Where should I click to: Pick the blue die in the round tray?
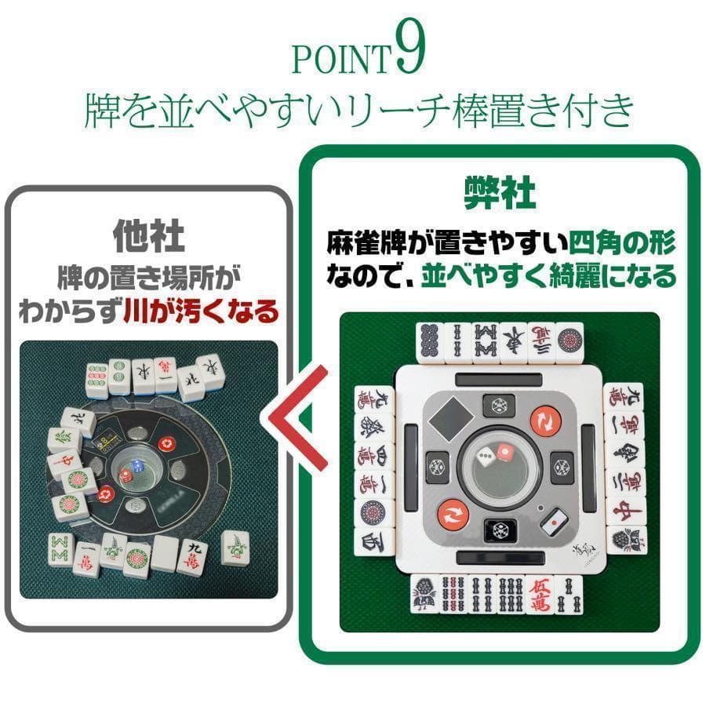coord(134,468)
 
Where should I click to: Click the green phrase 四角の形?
coord(622,242)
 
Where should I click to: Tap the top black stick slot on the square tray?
coord(499,380)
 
